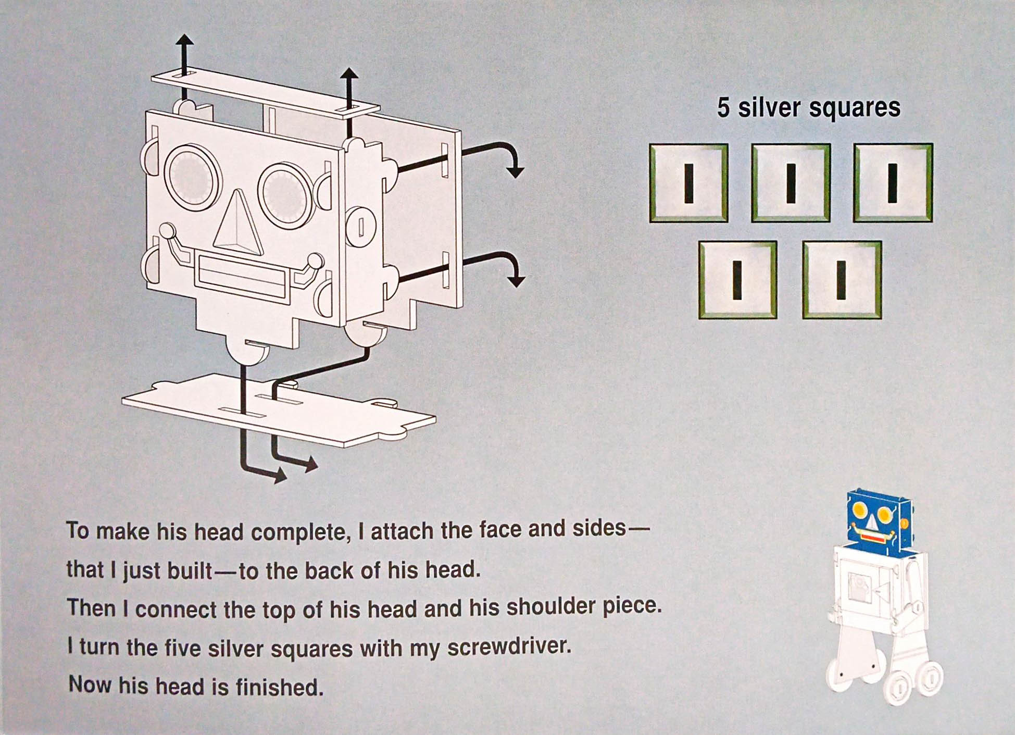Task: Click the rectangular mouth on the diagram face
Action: (242, 277)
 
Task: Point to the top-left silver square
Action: (688, 183)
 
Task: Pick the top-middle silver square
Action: (791, 183)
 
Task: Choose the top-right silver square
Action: (893, 183)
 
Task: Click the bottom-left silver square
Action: (737, 280)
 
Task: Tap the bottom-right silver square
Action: (842, 280)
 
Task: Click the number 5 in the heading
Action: (723, 108)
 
